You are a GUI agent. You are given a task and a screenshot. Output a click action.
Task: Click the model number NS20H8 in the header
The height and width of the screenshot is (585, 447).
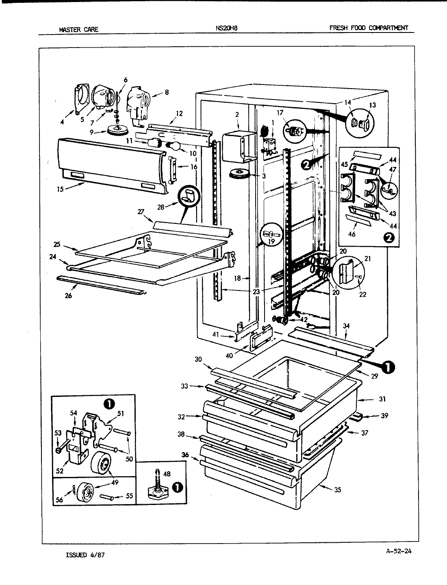[227, 28]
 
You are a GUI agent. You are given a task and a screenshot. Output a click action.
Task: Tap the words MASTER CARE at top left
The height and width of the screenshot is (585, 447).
[78, 29]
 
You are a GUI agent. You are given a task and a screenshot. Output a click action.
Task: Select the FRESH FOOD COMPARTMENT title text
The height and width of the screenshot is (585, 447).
[368, 28]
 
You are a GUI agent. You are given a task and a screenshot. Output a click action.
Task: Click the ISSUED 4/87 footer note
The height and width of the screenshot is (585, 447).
[85, 555]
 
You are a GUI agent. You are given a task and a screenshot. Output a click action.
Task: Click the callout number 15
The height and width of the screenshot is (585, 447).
[60, 189]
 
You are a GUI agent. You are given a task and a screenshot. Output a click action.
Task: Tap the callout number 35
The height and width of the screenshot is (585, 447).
[337, 490]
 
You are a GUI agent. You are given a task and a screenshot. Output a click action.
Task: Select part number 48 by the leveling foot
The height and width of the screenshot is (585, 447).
[167, 474]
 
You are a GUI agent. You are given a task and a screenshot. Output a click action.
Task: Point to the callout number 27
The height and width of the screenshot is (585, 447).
[141, 212]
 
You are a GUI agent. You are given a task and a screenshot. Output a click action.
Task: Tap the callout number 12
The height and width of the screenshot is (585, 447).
[179, 113]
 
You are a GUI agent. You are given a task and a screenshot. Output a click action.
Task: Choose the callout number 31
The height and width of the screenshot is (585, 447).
[382, 399]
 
